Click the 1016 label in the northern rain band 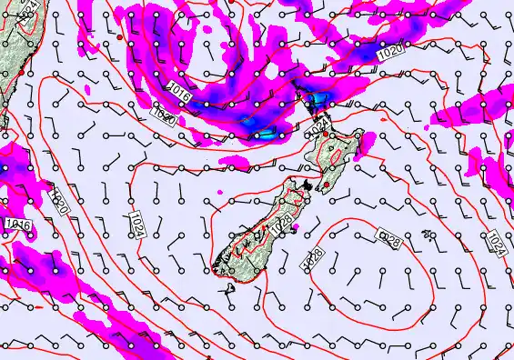coord(180,88)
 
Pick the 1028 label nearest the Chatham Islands coord(389,239)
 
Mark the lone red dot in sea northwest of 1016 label coord(119,36)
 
